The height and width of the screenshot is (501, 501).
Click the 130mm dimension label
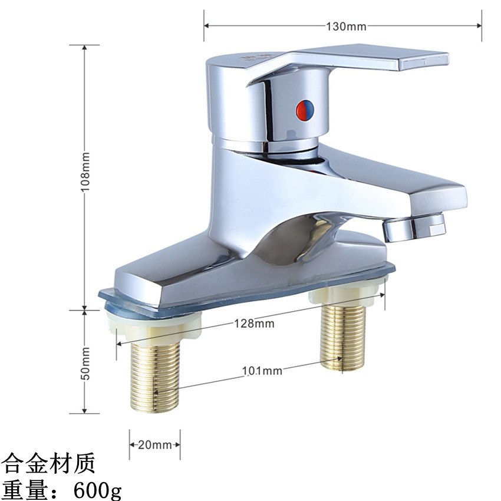(346, 26)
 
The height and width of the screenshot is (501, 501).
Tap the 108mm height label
(85, 172)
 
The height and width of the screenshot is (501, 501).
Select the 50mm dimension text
(85, 364)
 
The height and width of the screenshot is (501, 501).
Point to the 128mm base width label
(255, 324)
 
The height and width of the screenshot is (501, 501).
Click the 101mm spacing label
(262, 371)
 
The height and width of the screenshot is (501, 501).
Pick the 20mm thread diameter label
(154, 445)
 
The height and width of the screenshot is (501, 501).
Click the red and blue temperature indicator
(305, 110)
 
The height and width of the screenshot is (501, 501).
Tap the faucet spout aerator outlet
(414, 227)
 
